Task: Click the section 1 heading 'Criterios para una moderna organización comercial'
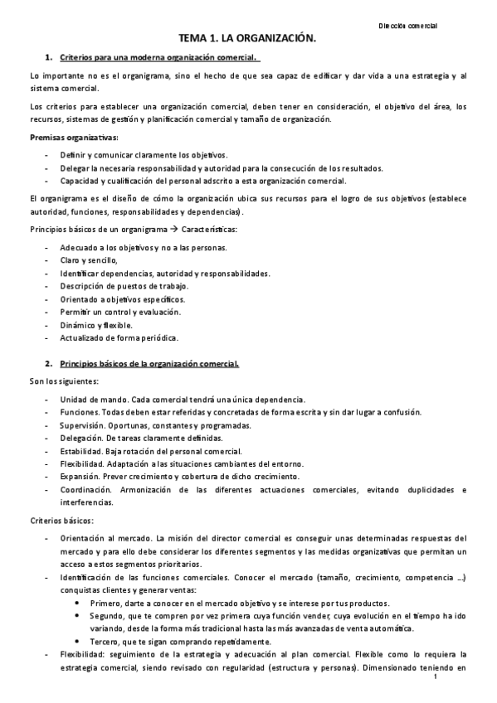pyautogui.click(x=159, y=57)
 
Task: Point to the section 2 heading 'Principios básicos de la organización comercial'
pyautogui.click(x=150, y=363)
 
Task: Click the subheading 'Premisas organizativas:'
pyautogui.click(x=73, y=138)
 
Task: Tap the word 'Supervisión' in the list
pyautogui.click(x=82, y=425)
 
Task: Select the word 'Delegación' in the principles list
pyautogui.click(x=81, y=438)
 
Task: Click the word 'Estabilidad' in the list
pyautogui.click(x=82, y=451)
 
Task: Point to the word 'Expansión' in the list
pyautogui.click(x=80, y=477)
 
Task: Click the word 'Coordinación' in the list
pyautogui.click(x=87, y=490)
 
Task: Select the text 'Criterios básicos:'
pyautogui.click(x=61, y=521)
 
